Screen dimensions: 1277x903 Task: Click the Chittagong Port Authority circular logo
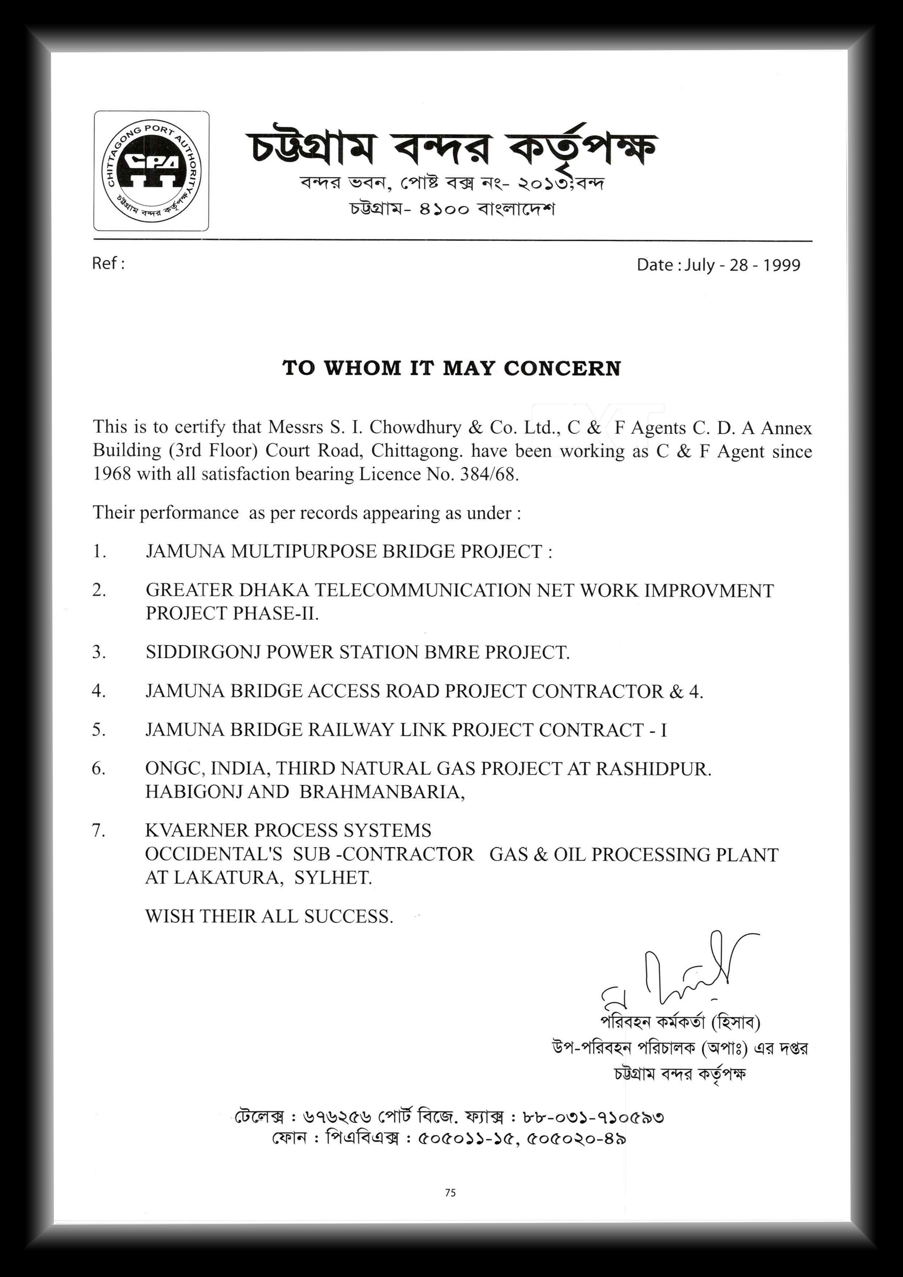(151, 171)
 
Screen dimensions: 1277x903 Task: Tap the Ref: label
(108, 263)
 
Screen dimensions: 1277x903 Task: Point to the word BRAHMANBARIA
(381, 792)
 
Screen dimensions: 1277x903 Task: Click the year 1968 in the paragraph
(112, 474)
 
